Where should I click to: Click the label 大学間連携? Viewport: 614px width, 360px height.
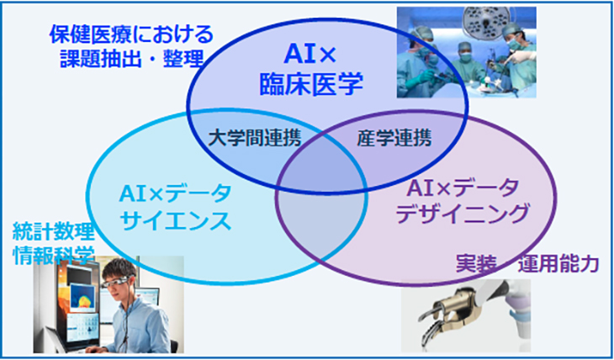click(x=255, y=138)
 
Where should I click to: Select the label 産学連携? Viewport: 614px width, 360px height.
click(x=394, y=138)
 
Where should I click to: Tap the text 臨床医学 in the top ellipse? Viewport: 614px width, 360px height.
click(x=311, y=83)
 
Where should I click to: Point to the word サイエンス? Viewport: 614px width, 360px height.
click(x=175, y=221)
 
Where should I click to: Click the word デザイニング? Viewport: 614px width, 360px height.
click(x=463, y=214)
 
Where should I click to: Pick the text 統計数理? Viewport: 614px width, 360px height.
click(x=54, y=233)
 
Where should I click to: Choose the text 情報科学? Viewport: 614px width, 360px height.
click(x=54, y=255)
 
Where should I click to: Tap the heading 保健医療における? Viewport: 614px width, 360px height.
click(x=131, y=35)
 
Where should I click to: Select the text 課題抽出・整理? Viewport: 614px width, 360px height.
click(x=132, y=58)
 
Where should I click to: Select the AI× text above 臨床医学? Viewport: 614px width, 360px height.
click(x=310, y=55)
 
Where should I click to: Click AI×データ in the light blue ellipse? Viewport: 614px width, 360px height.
click(x=175, y=194)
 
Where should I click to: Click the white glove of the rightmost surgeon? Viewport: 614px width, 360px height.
click(x=523, y=57)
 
